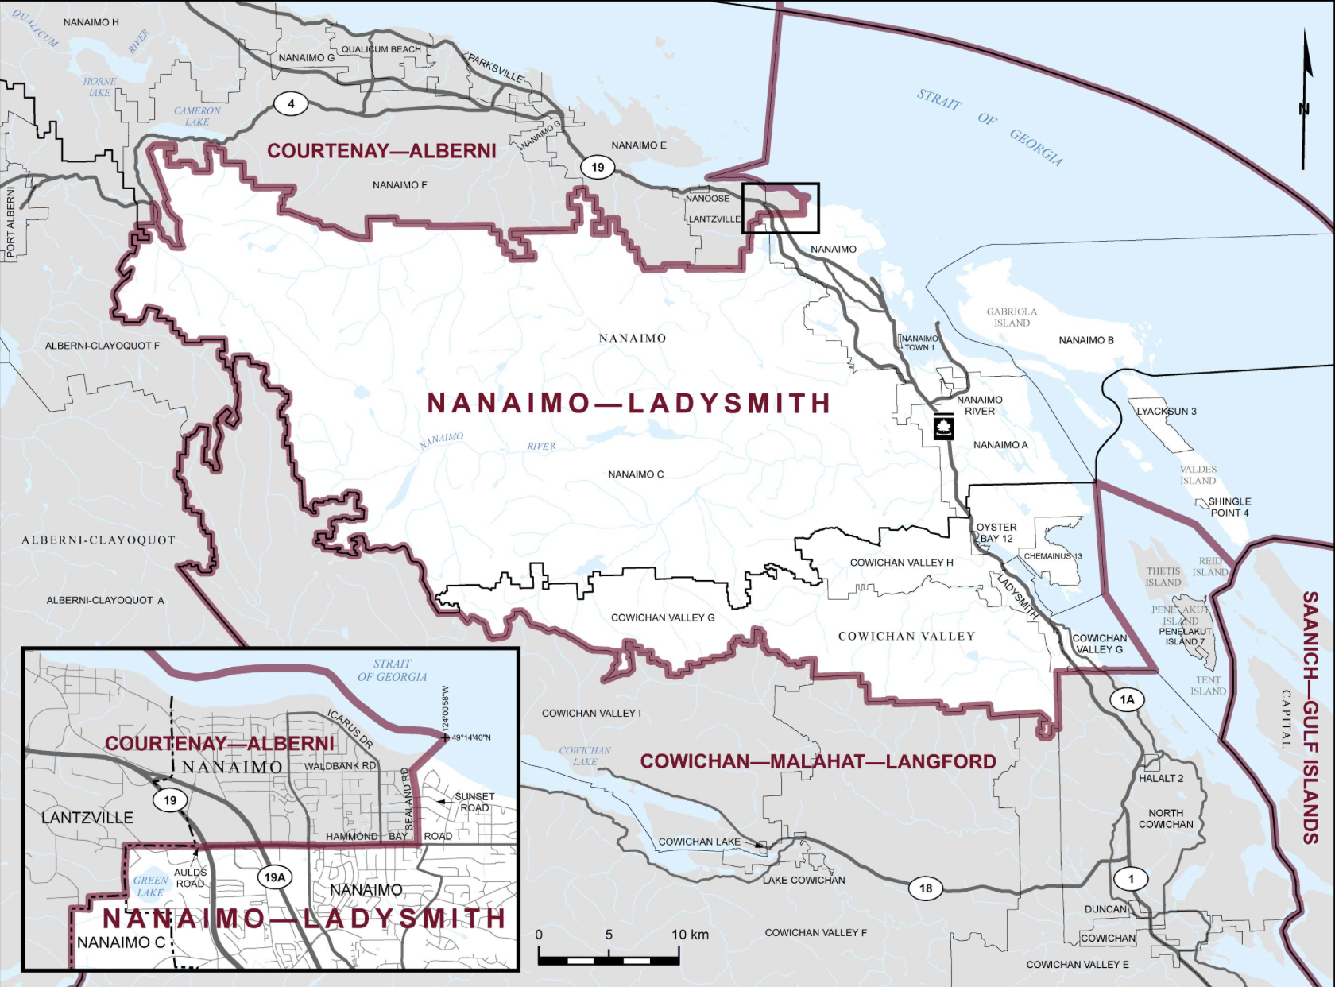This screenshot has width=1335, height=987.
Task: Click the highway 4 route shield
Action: pos(291,103)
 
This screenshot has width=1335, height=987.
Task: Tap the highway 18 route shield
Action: pos(926,888)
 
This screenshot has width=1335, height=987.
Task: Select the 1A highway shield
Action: pos(1127,699)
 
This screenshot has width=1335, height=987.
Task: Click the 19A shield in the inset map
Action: pos(274,877)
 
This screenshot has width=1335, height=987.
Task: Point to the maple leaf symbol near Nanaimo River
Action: pos(944,427)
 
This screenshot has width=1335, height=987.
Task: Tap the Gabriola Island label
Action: pos(1012,317)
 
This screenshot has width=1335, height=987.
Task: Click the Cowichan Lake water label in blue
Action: pos(585,756)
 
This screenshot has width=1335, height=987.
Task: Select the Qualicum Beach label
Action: pos(381,49)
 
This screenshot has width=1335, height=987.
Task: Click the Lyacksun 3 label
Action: pos(1166,411)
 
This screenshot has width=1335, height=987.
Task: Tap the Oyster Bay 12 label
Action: pos(996,532)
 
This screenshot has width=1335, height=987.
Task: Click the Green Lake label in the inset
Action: pos(150,886)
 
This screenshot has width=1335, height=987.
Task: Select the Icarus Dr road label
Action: pos(350,729)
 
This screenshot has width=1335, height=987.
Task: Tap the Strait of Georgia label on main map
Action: pos(989,126)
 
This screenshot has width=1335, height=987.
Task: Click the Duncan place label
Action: pos(1105,908)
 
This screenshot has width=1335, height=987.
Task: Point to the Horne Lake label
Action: pos(99,87)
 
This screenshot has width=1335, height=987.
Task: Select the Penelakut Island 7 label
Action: pos(1184,636)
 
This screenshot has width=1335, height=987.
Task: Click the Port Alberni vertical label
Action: pos(10,223)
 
